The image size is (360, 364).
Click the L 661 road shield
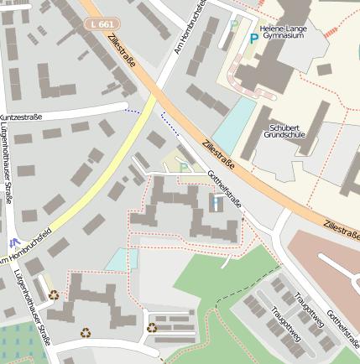point(101,24)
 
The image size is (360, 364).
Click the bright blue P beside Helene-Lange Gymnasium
point(254,37)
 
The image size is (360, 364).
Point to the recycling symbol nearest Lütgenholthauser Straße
point(54,294)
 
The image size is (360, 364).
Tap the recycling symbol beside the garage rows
point(152,328)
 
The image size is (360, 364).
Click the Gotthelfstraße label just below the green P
point(225,189)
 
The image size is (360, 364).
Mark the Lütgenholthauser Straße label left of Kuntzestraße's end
point(7,164)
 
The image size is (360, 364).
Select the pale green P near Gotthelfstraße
point(184,167)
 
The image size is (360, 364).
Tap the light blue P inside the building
point(217,202)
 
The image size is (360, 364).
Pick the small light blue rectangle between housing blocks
point(122,259)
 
